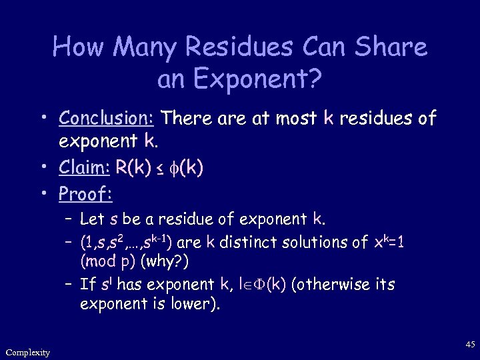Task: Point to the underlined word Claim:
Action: point(85,168)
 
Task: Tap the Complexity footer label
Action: point(27,352)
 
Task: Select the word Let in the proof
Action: point(89,219)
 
